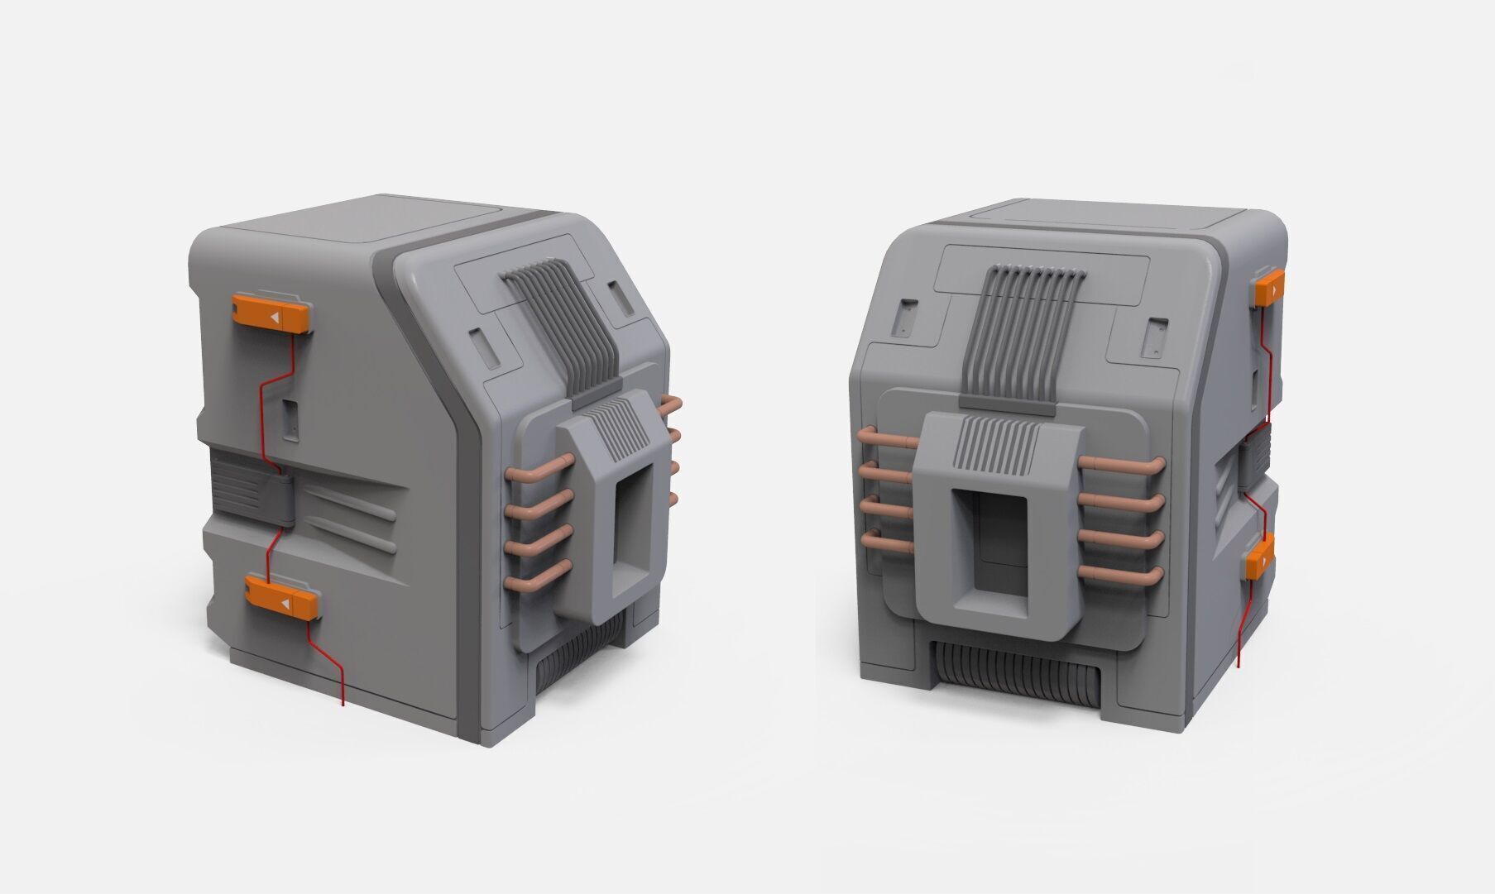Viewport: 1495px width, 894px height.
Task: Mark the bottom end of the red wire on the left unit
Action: [x=343, y=704]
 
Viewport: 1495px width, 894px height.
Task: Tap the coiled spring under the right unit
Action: [x=1017, y=678]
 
